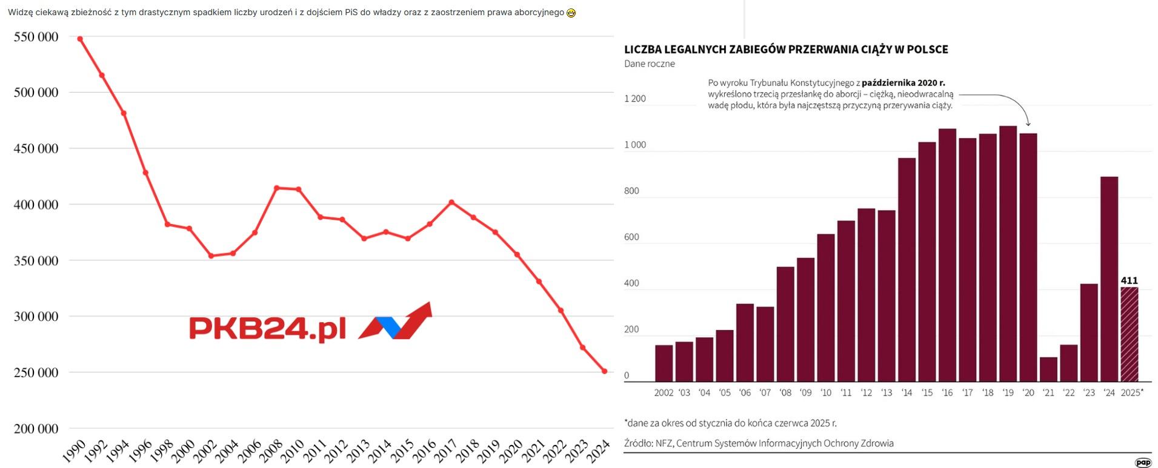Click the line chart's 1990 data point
(80, 39)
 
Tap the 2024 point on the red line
(604, 371)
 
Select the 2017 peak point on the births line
(451, 202)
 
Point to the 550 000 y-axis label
(36, 37)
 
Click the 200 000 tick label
(36, 429)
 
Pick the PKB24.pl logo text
(267, 329)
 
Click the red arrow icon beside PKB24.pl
(396, 321)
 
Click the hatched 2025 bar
(1129, 334)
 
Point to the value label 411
(1129, 280)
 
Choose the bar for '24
(1109, 278)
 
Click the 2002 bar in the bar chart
(664, 363)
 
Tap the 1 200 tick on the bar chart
(635, 99)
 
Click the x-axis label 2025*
(1131, 392)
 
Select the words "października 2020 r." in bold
(903, 83)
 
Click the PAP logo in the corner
(1143, 463)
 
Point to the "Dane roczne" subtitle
(649, 64)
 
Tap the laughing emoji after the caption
(571, 13)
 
